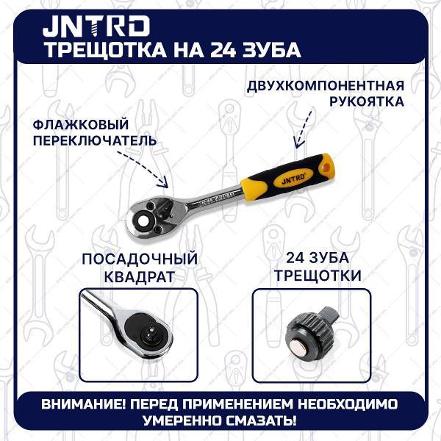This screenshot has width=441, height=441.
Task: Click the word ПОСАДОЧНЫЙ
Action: coord(139,259)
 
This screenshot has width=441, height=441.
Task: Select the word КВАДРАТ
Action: coord(139,277)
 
